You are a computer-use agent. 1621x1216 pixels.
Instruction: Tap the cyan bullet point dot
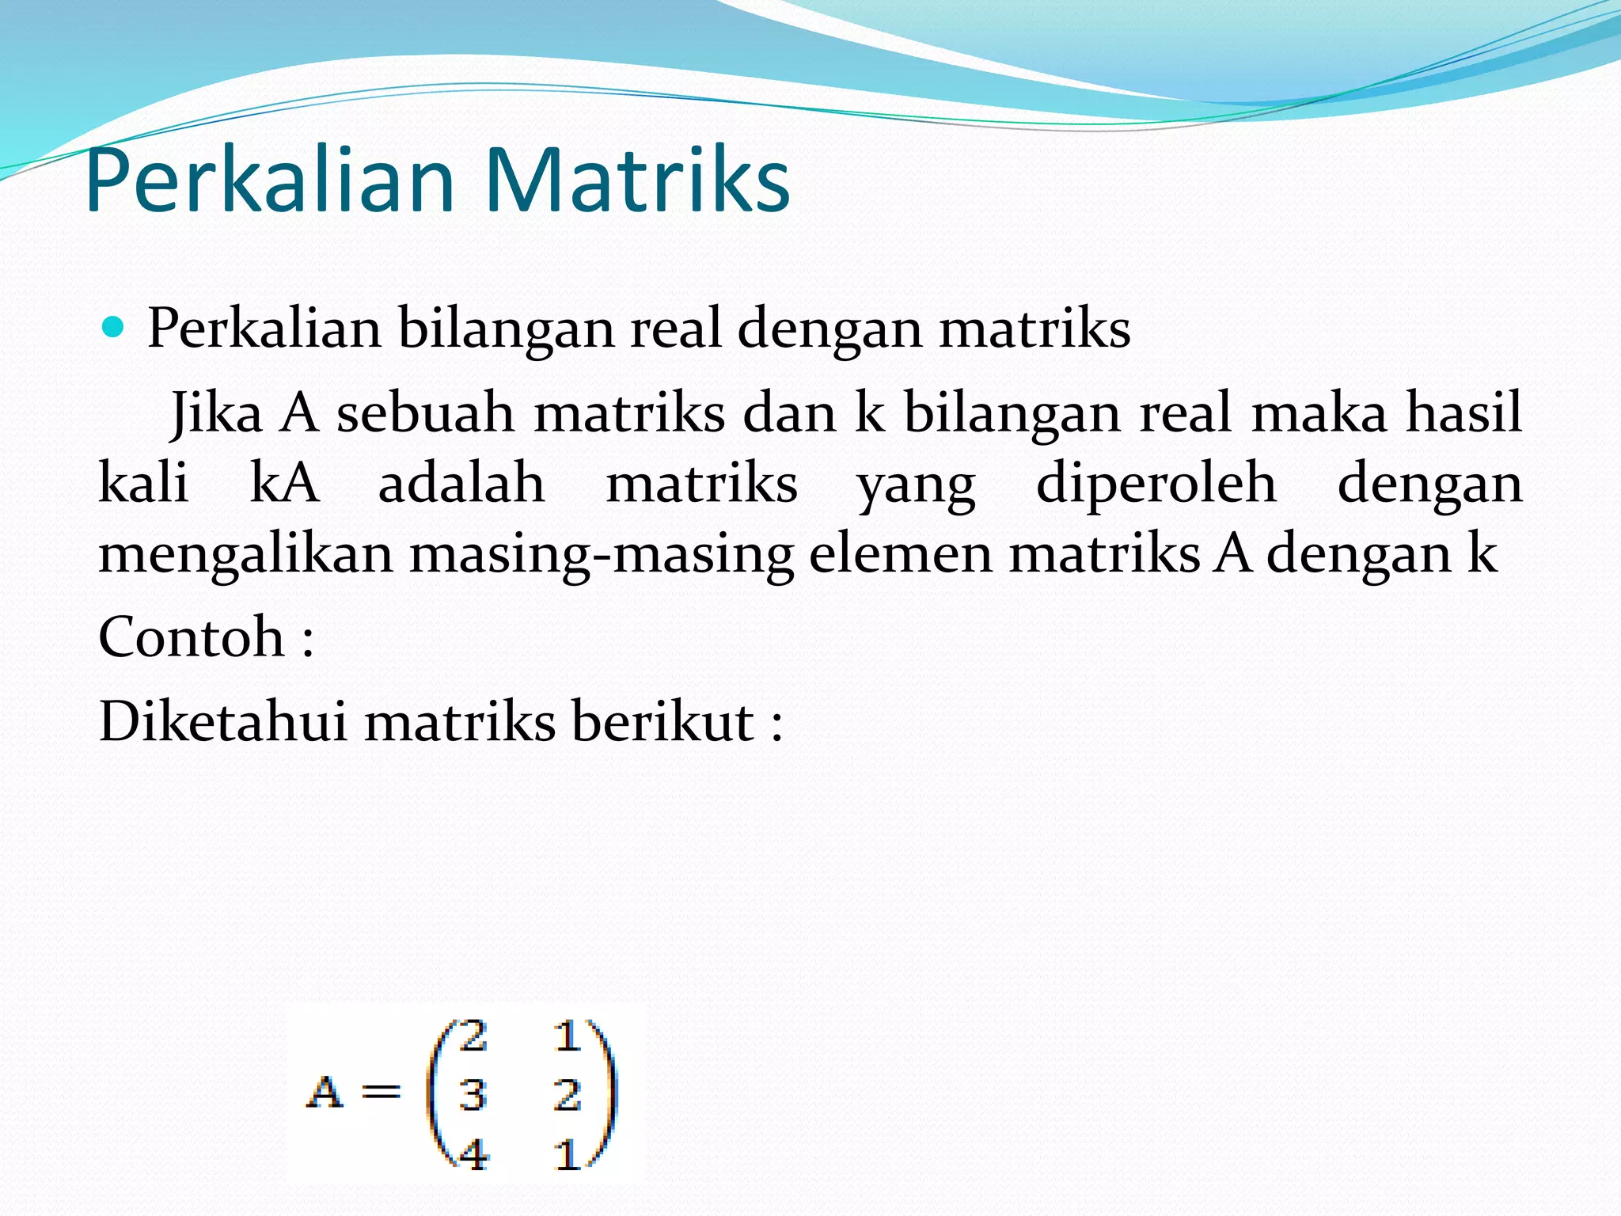click(x=114, y=327)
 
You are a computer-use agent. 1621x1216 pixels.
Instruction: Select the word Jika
click(x=216, y=413)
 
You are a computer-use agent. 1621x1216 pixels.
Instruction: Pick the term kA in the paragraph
click(x=284, y=483)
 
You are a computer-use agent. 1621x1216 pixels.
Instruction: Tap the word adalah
click(x=461, y=483)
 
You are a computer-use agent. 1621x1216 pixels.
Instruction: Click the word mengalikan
click(x=245, y=554)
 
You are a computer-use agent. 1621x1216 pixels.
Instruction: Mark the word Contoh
click(x=192, y=636)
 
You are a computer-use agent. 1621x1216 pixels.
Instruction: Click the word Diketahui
click(x=222, y=721)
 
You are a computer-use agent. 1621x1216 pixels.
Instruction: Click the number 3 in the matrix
click(x=473, y=1095)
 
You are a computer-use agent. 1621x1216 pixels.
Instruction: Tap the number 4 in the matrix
click(x=473, y=1155)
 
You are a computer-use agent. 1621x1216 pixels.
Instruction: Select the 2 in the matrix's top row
click(x=473, y=1036)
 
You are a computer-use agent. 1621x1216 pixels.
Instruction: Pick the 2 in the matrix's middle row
click(x=567, y=1095)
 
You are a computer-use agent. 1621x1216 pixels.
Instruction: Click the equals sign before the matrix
click(x=381, y=1092)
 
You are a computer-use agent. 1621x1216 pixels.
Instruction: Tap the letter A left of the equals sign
click(x=325, y=1092)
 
